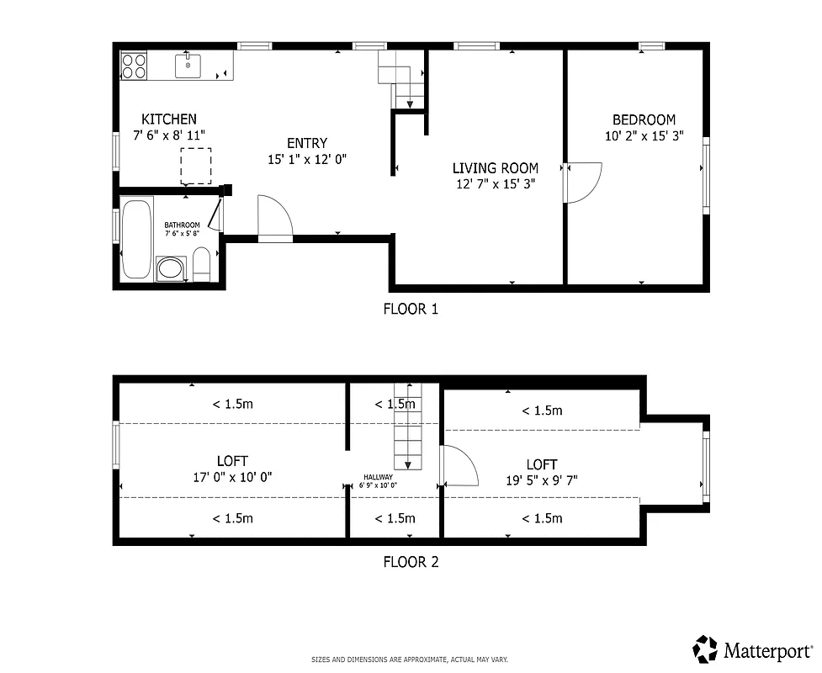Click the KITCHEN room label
pos(169,119)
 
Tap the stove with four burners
pos(134,65)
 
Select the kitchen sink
pos(188,64)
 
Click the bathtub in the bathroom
pos(136,237)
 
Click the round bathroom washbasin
pos(171,269)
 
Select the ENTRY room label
pos(307,143)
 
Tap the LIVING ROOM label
pos(496,168)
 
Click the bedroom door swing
pos(584,183)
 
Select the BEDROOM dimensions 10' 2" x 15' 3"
pos(644,135)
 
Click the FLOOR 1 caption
pos(411,309)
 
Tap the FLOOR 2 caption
pos(411,563)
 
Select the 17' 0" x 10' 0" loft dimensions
pos(232,476)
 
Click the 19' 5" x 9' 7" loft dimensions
pos(542,480)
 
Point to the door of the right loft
pos(459,466)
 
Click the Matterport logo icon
pos(706,649)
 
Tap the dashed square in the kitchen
pos(196,165)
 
